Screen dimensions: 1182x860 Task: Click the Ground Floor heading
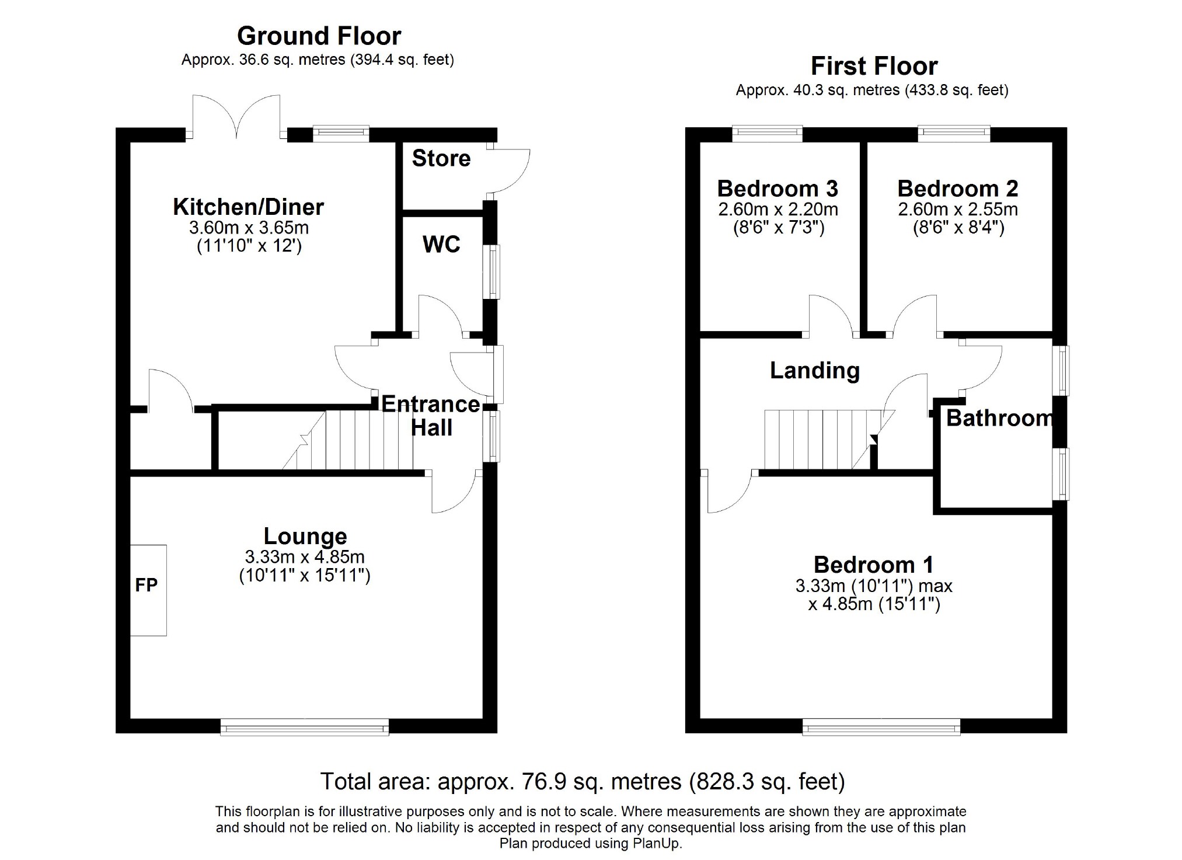pyautogui.click(x=319, y=36)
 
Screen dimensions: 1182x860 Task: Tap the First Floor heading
pyautogui.click(x=874, y=67)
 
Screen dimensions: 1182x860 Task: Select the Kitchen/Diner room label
pyautogui.click(x=249, y=207)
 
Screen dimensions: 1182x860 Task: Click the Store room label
pyautogui.click(x=441, y=158)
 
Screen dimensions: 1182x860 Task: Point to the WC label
pyautogui.click(x=441, y=244)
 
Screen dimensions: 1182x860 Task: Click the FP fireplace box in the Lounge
pyautogui.click(x=148, y=590)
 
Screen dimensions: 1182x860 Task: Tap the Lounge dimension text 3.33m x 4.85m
pyautogui.click(x=305, y=556)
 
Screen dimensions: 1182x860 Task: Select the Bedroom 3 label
pyautogui.click(x=777, y=189)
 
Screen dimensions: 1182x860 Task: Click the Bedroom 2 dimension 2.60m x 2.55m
pyautogui.click(x=958, y=209)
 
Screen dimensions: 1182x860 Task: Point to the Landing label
pyautogui.click(x=815, y=371)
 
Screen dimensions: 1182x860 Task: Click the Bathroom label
pyautogui.click(x=1000, y=418)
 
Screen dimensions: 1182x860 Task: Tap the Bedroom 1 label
pyautogui.click(x=874, y=565)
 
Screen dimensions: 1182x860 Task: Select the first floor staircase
pyautogui.click(x=829, y=439)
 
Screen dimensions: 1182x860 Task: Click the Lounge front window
pyautogui.click(x=305, y=727)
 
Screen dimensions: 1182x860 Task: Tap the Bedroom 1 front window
pyautogui.click(x=881, y=727)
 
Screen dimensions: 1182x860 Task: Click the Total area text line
pyautogui.click(x=583, y=781)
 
